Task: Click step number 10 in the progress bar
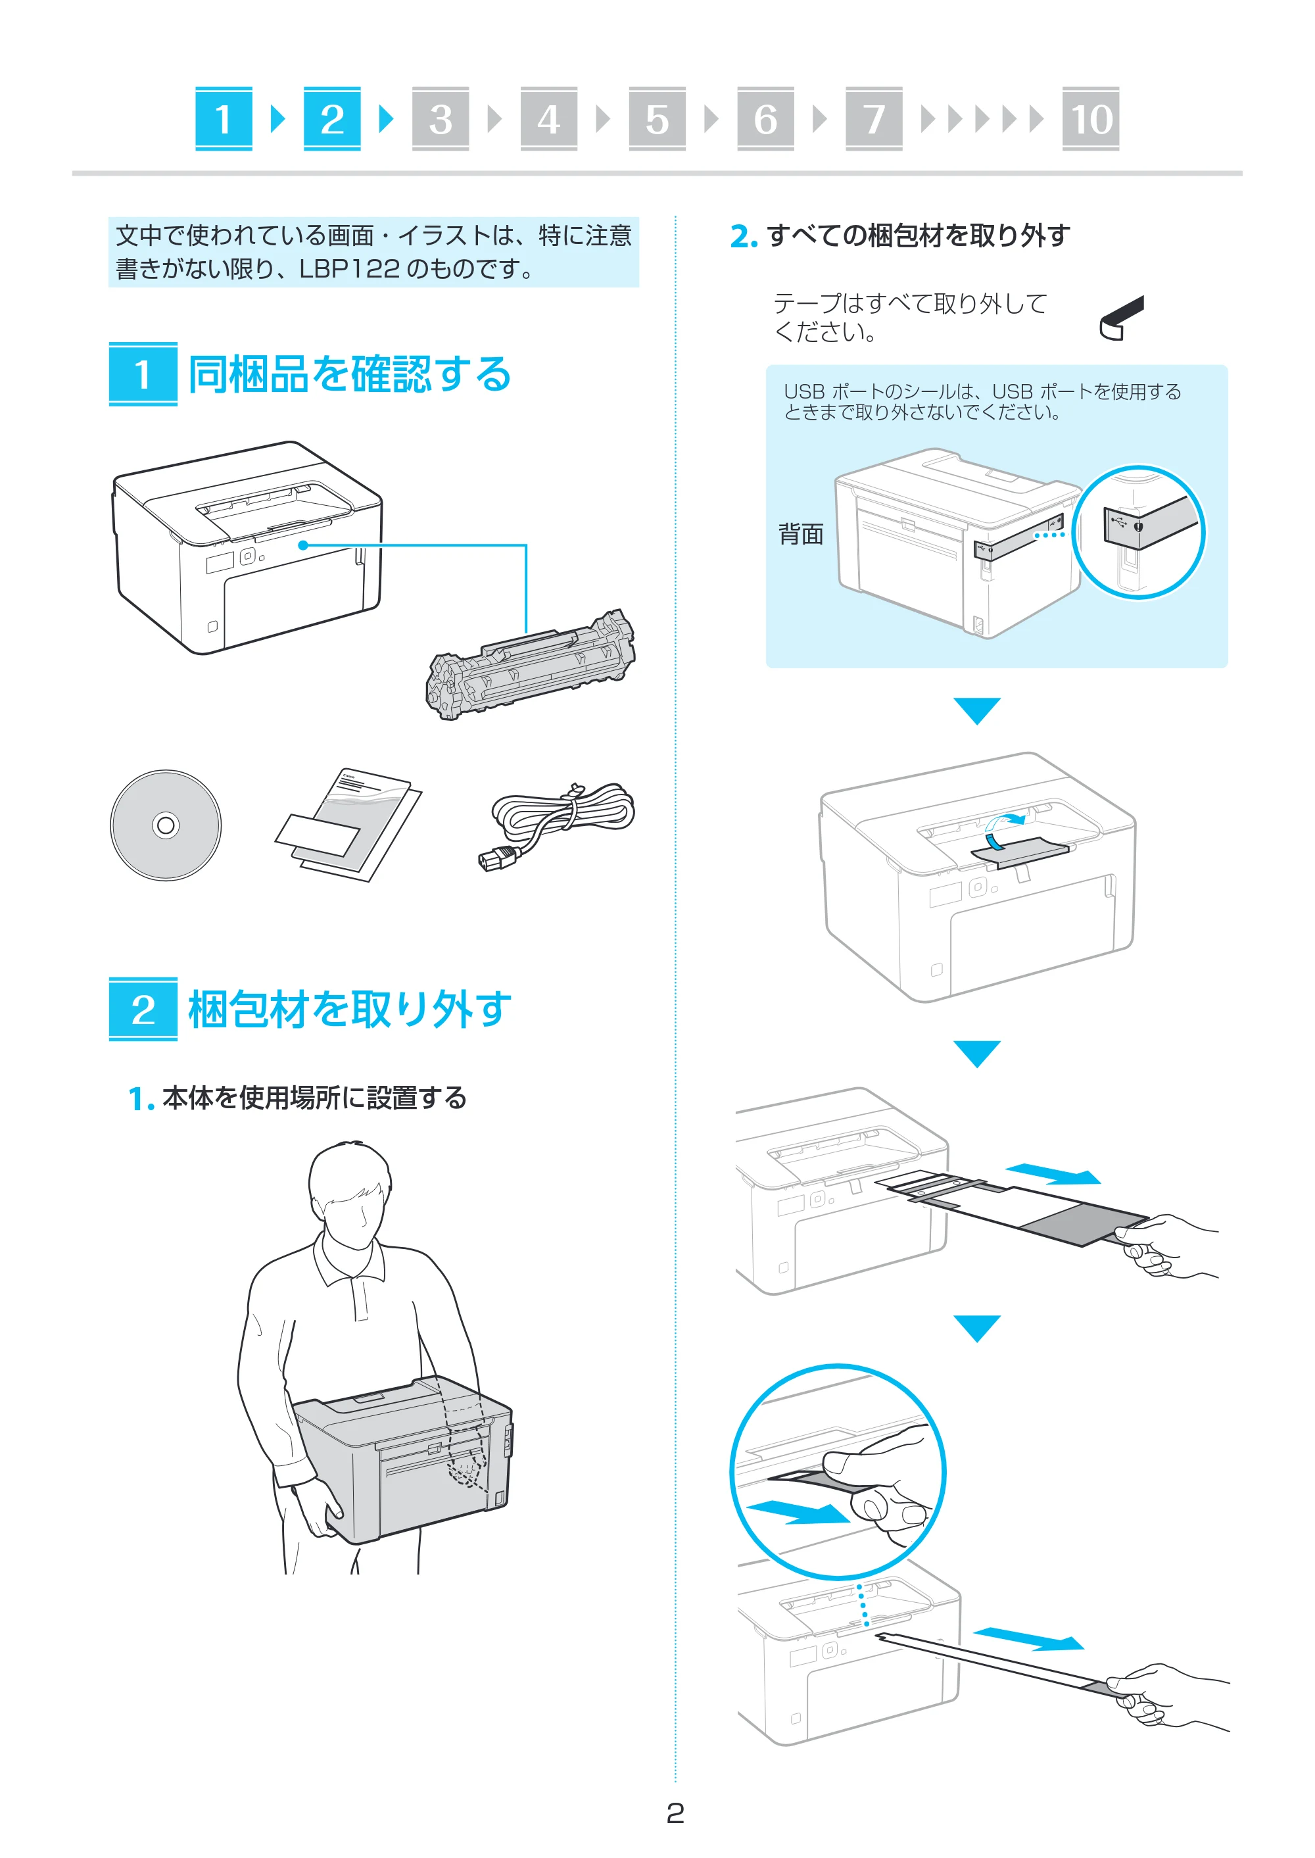tap(1091, 119)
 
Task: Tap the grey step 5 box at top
tap(657, 119)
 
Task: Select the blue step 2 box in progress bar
tap(332, 119)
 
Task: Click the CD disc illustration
tap(166, 825)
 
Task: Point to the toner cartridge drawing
tap(531, 665)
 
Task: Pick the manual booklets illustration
tap(349, 825)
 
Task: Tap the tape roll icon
tap(1122, 318)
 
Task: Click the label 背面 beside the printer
tap(800, 535)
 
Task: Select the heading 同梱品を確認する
tap(350, 374)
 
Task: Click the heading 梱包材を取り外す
tap(350, 1010)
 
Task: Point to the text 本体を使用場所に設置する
tap(314, 1098)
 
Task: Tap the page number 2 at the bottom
tap(675, 1813)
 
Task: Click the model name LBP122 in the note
tap(349, 269)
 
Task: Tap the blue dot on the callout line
tap(303, 545)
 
